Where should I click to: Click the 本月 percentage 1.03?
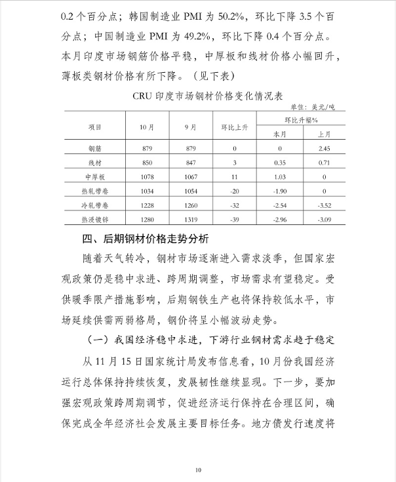tap(280, 177)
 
